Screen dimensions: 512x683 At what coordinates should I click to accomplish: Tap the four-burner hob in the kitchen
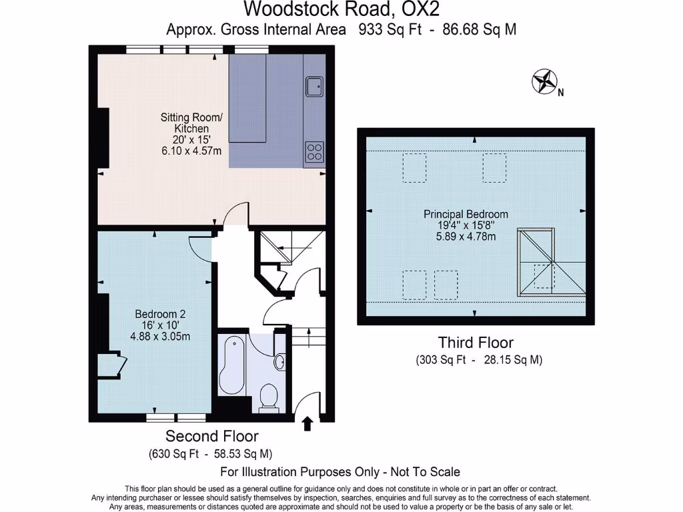[313, 152]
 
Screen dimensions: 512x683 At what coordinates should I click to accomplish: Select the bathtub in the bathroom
[233, 367]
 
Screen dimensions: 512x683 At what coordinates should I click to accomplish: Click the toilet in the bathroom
[267, 397]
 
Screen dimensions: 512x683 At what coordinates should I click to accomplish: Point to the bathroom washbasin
[279, 361]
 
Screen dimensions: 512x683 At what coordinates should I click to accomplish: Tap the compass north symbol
[544, 81]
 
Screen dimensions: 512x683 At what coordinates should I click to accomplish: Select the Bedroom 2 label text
[160, 314]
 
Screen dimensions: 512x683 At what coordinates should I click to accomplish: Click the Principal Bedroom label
[466, 214]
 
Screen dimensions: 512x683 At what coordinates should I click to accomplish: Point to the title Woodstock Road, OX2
[341, 9]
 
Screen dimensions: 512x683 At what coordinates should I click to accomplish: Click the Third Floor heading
[476, 343]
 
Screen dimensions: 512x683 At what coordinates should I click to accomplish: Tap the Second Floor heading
[211, 437]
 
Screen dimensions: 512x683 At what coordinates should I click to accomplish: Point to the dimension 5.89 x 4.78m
[466, 237]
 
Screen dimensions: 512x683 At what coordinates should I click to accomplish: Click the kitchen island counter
[248, 99]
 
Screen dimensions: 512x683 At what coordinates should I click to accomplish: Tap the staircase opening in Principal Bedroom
[538, 262]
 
